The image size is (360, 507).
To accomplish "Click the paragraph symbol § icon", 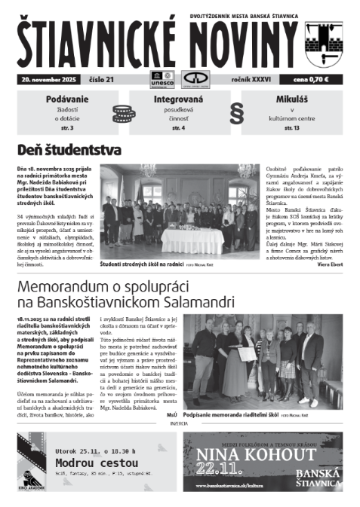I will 238,113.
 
